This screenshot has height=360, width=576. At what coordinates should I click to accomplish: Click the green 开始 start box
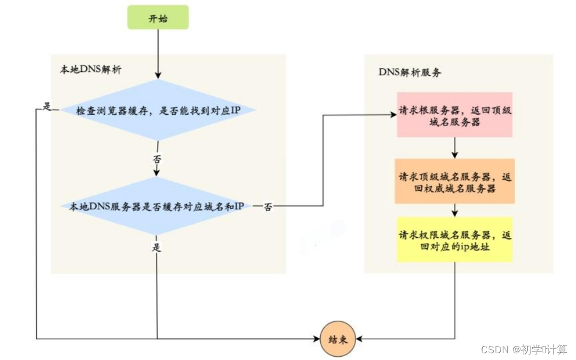click(157, 18)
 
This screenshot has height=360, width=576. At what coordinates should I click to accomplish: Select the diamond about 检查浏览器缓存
click(158, 110)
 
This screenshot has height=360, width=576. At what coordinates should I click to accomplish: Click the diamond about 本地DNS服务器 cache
click(157, 206)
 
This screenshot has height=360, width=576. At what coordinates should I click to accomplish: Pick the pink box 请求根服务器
click(454, 115)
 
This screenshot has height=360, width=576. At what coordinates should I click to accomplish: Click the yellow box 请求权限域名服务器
click(454, 240)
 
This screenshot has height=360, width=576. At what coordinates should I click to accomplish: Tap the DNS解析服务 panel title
click(409, 74)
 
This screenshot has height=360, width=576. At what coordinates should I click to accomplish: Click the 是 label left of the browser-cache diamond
click(47, 107)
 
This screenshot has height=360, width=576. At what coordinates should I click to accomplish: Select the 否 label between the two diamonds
click(157, 160)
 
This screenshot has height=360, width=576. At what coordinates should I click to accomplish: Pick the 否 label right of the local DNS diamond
click(268, 206)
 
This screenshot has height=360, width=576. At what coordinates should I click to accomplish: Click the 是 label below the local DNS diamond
click(157, 247)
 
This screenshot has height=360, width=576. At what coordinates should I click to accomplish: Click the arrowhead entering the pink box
click(393, 115)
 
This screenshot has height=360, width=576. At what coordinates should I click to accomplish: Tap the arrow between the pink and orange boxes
click(454, 148)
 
